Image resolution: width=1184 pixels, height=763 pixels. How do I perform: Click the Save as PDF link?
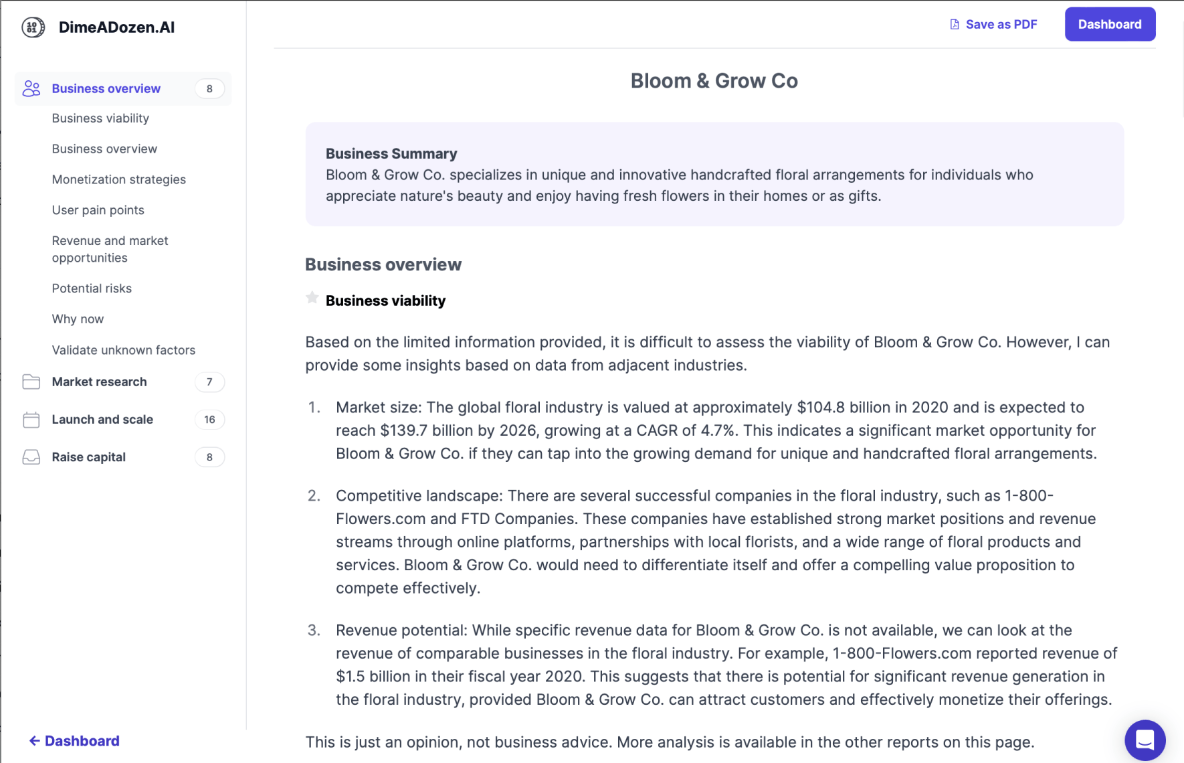[994, 25]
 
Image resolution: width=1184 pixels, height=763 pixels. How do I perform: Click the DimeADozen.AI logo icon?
[33, 27]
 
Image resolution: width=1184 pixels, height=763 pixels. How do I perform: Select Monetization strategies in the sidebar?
[119, 179]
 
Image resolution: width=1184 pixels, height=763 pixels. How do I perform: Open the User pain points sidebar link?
[98, 210]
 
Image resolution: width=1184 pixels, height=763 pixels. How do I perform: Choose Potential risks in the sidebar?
[92, 288]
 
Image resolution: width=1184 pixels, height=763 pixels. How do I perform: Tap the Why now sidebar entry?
[78, 319]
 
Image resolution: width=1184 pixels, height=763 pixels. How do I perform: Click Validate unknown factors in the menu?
[124, 350]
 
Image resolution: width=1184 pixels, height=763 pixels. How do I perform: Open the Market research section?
[100, 382]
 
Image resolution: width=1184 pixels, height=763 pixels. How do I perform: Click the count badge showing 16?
[209, 420]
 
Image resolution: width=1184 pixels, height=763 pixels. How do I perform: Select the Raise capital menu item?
[89, 457]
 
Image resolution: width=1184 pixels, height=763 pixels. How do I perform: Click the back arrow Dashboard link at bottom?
[74, 741]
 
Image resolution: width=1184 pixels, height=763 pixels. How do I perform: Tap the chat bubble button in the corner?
[1145, 740]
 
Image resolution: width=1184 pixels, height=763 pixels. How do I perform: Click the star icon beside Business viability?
[312, 298]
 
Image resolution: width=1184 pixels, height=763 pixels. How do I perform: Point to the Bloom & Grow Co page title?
[714, 81]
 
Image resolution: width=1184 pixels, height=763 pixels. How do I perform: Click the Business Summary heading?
[391, 154]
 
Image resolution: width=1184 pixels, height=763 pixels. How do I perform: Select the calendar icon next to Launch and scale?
[31, 420]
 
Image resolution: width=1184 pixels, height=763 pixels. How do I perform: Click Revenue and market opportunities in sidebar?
[110, 249]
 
